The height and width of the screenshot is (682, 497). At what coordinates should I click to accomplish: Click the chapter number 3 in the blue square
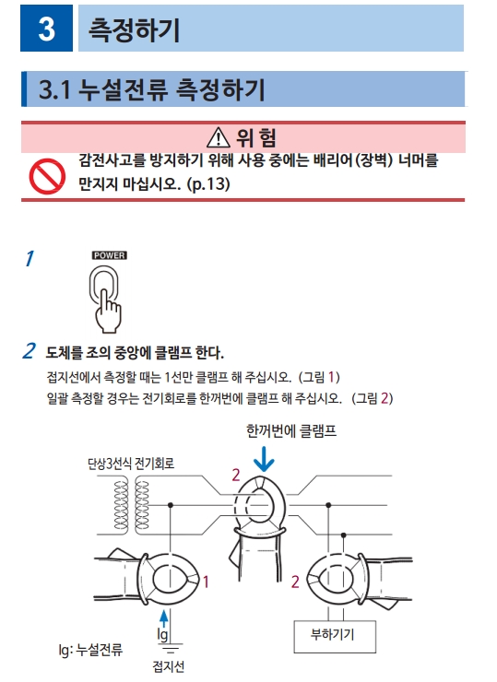46,29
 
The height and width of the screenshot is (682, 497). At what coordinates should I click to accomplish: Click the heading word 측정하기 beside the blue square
134,29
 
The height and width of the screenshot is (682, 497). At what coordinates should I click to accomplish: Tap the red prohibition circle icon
47,176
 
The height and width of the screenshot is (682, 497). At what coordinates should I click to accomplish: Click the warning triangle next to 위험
218,137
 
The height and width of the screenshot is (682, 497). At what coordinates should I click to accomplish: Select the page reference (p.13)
208,183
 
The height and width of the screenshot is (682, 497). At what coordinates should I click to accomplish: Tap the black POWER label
109,255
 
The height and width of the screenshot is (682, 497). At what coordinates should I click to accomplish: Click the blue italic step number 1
30,258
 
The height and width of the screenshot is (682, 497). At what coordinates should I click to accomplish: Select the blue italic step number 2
29,351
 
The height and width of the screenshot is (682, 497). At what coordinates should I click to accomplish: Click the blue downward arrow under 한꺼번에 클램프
264,459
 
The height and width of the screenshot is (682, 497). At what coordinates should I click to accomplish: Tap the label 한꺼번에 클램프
291,431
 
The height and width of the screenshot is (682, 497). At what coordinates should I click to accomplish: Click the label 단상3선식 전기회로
131,464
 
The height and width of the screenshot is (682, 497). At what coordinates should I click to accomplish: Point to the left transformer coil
121,505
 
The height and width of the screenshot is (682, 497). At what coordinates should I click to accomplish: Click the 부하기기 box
335,636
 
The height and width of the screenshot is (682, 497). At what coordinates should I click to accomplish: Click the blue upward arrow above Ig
163,619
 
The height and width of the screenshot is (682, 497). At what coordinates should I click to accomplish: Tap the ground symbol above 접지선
171,648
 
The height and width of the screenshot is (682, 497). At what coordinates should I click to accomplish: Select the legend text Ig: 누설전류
90,650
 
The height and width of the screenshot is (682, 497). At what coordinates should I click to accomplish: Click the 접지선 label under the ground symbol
169,666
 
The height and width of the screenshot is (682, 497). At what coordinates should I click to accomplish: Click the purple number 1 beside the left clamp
206,582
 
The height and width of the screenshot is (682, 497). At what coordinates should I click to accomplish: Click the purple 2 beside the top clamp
236,475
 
